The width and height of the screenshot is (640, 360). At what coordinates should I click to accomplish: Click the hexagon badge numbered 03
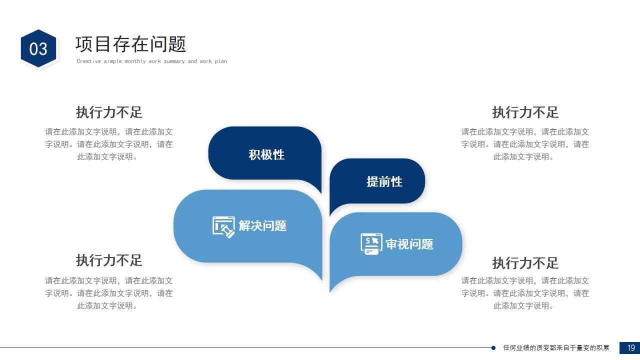38,48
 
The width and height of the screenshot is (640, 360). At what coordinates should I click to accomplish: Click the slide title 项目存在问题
130,44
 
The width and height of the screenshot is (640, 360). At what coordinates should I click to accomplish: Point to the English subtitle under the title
151,61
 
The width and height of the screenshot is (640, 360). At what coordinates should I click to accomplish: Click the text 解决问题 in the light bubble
262,226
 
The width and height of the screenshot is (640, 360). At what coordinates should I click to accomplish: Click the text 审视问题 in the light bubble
409,244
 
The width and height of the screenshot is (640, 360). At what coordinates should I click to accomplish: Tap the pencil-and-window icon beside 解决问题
223,226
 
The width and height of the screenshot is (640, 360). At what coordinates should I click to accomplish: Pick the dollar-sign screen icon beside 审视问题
371,244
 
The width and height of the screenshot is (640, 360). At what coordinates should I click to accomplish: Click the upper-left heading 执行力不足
109,112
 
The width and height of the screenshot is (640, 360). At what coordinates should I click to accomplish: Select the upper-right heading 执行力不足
525,112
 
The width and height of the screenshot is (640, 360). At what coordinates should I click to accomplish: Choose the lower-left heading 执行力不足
109,260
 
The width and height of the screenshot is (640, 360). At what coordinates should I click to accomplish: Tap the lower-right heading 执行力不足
525,262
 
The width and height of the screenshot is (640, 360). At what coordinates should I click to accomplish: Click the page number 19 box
629,347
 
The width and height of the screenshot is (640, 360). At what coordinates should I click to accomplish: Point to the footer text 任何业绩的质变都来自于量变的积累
556,347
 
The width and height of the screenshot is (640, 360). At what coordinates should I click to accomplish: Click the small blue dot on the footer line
493,347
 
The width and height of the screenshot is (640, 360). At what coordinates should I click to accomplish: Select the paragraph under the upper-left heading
109,144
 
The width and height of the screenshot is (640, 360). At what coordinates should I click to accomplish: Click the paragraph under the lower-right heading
525,293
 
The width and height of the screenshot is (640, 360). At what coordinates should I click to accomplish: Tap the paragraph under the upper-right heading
525,144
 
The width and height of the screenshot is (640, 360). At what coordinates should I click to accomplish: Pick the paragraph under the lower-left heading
109,293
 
